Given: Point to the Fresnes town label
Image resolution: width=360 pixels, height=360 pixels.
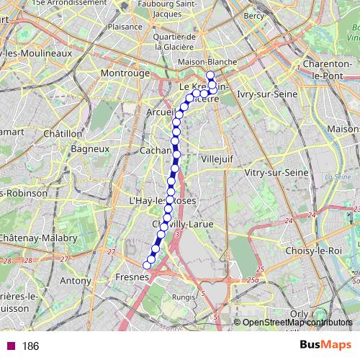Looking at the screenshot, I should pos(132,276).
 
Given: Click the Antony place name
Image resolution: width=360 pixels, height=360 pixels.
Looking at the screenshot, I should pos(76,280).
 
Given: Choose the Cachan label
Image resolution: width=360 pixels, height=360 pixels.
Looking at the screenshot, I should pos(156,152).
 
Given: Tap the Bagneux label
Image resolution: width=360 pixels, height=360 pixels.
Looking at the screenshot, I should pos(89,149).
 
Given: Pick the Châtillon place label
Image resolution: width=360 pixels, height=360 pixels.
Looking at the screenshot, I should pos(63,133).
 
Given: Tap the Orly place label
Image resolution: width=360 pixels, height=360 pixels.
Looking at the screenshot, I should pos(298,313).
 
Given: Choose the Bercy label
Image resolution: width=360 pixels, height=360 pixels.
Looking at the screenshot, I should pos(254,14).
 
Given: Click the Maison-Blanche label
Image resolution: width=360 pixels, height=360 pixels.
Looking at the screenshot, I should pos(211,62).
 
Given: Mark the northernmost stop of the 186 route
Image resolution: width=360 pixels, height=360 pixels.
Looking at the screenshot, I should pos(210,76).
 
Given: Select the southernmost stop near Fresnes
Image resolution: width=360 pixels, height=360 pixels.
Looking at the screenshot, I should pos(147,266).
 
